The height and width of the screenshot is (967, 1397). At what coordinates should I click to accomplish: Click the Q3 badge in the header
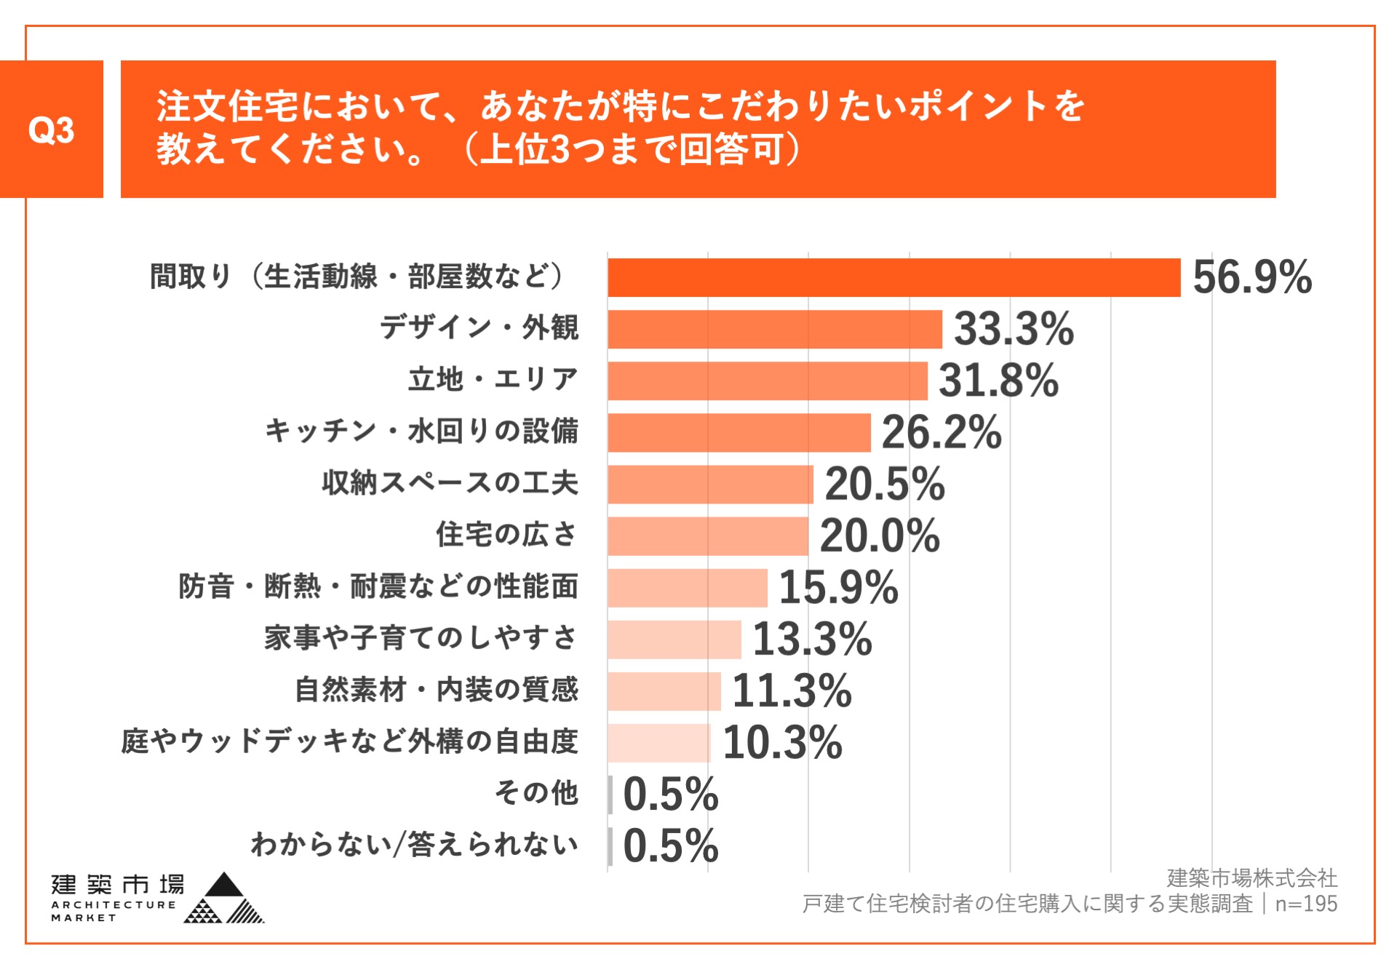click(51, 130)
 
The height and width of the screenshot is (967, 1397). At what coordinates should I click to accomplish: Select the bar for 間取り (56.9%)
click(893, 277)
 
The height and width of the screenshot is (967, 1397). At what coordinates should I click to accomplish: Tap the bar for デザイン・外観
click(775, 329)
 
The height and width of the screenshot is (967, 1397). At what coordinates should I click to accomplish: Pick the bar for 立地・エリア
click(768, 381)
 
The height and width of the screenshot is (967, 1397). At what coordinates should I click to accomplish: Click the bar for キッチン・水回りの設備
click(739, 432)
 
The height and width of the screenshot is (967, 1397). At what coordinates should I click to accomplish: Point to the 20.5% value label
click(884, 484)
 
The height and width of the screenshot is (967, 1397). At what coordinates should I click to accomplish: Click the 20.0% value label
click(880, 536)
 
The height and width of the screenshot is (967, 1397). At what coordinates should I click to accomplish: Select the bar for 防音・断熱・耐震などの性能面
click(688, 587)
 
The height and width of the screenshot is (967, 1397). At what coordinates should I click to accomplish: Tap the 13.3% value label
click(812, 639)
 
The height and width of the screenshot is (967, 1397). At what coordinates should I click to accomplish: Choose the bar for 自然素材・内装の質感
click(664, 691)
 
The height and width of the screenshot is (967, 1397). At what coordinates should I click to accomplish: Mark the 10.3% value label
click(782, 742)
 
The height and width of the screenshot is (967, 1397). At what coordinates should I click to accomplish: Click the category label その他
click(536, 792)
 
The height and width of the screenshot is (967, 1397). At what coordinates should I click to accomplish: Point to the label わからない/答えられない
click(414, 844)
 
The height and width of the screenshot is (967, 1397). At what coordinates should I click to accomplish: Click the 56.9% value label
click(1252, 277)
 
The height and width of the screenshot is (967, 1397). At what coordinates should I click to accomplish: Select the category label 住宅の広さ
click(506, 534)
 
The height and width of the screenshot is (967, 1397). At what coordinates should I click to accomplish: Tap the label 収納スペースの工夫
click(450, 482)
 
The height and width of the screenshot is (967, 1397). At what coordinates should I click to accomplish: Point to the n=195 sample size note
click(1306, 904)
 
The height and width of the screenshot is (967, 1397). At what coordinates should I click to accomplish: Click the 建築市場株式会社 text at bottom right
click(1251, 878)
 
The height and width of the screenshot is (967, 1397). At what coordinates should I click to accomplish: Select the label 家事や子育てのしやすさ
click(421, 637)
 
